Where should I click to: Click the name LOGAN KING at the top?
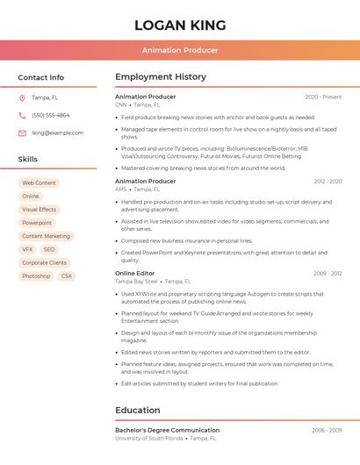pos(180,25)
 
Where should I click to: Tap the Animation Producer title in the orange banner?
pos(180,50)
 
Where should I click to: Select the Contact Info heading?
pos(41,77)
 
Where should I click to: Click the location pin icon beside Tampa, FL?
pos(22,97)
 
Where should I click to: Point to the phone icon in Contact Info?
pos(22,115)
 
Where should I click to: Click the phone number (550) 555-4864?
pos(51,115)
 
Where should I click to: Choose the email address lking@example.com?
pos(58,132)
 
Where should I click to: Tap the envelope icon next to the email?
pos(22,132)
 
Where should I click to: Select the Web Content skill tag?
pos(39,182)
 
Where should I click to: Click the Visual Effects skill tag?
pos(39,210)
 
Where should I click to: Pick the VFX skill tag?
pos(27,249)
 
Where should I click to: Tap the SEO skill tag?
pos(49,249)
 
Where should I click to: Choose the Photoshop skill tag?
pos(36,275)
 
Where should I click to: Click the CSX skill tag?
pos(67,275)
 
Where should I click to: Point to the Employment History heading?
pos(161,77)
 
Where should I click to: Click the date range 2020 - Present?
pos(323,97)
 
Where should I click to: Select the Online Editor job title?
pos(135,273)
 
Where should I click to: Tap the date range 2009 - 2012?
pos(328,273)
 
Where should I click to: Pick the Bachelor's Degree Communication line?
pos(167,430)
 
